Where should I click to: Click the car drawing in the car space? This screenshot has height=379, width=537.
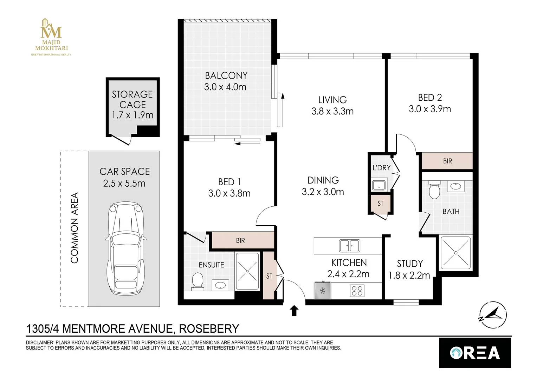tap(126, 249)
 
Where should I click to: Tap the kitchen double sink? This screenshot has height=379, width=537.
tap(350, 246)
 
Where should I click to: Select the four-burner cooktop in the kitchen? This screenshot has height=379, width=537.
tap(357, 291)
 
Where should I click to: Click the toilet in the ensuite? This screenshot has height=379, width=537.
tap(198, 281)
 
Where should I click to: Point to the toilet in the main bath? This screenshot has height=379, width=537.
tap(434, 189)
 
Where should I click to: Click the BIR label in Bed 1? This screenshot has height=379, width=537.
tap(240, 240)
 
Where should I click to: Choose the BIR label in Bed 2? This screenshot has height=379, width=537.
tap(447, 161)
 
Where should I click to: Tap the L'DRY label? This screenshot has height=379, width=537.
tap(381, 168)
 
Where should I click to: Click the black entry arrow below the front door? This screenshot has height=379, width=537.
tap(294, 311)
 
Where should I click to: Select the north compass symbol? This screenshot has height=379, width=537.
tap(493, 315)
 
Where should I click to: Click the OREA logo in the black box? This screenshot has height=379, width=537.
tap(475, 353)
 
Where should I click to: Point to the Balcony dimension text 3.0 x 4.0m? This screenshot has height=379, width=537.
tap(225, 87)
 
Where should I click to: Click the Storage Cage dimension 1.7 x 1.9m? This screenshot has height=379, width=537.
tap(132, 115)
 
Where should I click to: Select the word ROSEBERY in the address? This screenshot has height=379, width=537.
tap(209, 328)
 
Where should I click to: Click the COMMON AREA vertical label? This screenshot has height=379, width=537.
tap(75, 228)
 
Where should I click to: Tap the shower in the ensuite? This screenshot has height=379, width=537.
tap(248, 271)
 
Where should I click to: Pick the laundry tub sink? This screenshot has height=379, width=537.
tap(379, 185)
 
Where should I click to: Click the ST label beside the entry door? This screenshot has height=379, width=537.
tap(269, 276)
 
